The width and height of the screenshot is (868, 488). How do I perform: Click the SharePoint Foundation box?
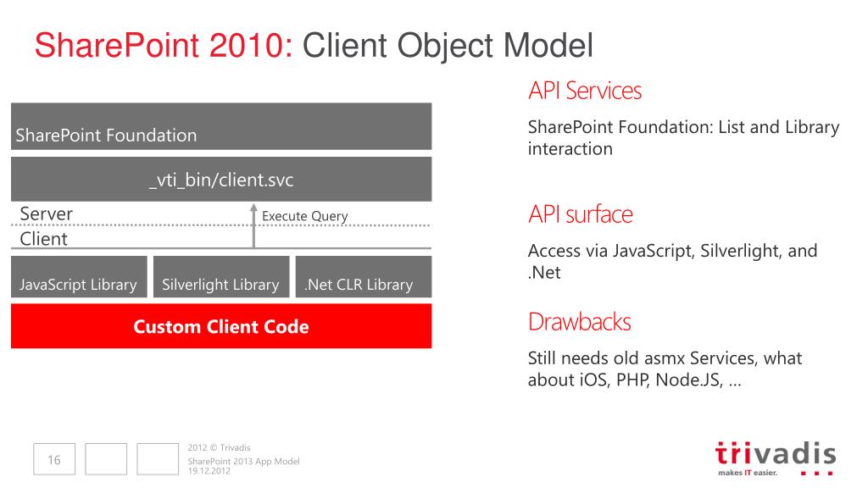pyautogui.click(x=221, y=126)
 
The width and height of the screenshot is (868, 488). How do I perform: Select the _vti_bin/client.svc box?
pyautogui.click(x=221, y=179)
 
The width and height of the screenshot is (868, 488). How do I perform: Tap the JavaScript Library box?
pyautogui.click(x=79, y=277)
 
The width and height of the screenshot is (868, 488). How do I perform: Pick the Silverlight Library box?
pyautogui.click(x=221, y=277)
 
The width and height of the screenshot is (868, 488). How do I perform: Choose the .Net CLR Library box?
pyautogui.click(x=364, y=277)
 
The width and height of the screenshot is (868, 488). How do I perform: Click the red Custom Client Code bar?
pyautogui.click(x=221, y=326)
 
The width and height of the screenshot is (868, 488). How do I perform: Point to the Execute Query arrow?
pyautogui.click(x=253, y=225)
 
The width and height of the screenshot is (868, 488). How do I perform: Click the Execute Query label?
pyautogui.click(x=305, y=216)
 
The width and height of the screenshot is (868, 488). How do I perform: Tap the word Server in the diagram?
pyautogui.click(x=47, y=214)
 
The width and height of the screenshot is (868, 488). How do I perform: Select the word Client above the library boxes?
pyautogui.click(x=44, y=239)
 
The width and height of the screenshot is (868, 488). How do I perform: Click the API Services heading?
pyautogui.click(x=585, y=91)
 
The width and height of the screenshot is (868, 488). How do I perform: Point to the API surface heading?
pyautogui.click(x=581, y=214)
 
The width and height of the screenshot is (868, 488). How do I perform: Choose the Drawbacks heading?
pyautogui.click(x=580, y=322)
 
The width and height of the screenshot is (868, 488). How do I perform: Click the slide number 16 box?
pyautogui.click(x=54, y=459)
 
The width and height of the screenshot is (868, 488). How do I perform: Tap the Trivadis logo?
pyautogui.click(x=776, y=458)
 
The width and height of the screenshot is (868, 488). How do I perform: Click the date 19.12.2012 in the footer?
pyautogui.click(x=209, y=471)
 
